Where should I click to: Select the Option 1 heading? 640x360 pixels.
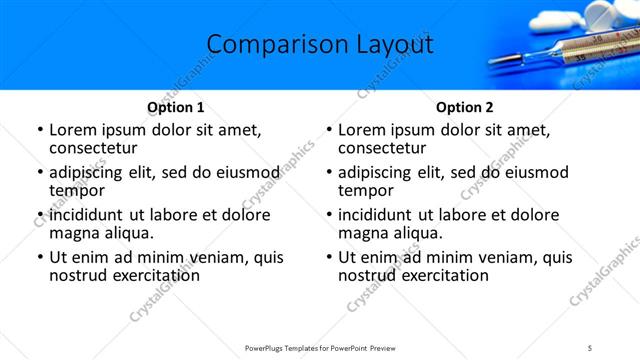175,107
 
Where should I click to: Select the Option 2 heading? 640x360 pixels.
465,107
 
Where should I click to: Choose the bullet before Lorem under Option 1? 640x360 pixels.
39,130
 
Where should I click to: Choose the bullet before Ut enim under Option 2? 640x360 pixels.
328,258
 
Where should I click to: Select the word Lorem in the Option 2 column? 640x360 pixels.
362,130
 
